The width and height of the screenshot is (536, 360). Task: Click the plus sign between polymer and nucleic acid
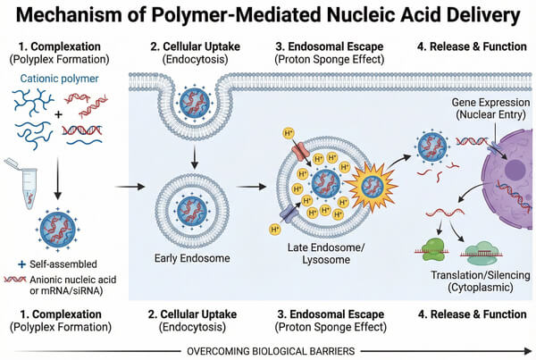(x=60, y=115)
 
